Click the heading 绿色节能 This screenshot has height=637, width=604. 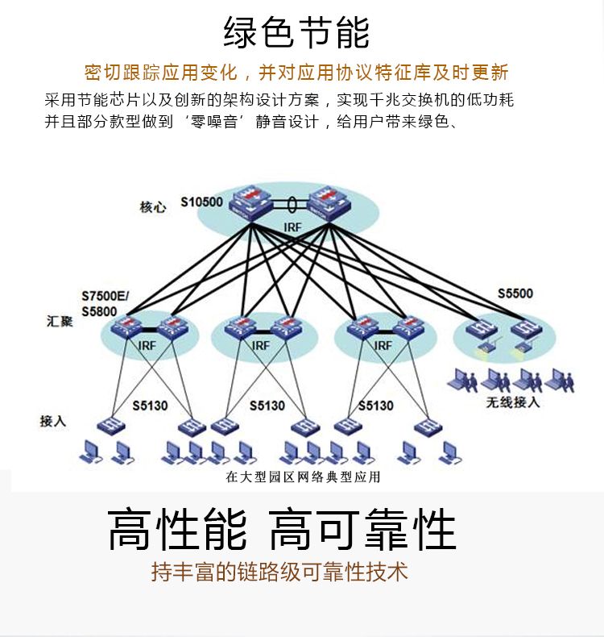[x=296, y=33]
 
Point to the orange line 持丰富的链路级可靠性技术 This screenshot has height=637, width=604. [x=279, y=572]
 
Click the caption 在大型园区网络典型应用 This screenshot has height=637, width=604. [x=302, y=477]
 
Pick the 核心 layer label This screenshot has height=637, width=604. [x=152, y=207]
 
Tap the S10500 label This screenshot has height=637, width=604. [x=201, y=202]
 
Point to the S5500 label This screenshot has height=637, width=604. [x=515, y=294]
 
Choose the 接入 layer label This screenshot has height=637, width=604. [x=52, y=420]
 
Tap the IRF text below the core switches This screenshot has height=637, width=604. [x=292, y=227]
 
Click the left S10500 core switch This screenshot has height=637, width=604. [x=252, y=202]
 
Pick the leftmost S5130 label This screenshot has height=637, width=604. [x=151, y=406]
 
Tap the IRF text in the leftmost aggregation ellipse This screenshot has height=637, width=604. [x=147, y=345]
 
